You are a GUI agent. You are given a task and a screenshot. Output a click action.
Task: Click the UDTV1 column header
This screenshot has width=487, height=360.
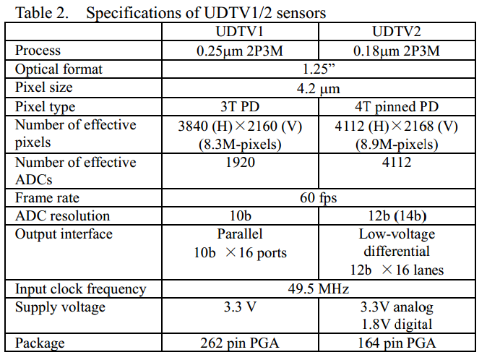[239, 33]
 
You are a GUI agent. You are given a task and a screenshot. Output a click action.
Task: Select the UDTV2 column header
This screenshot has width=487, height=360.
[396, 33]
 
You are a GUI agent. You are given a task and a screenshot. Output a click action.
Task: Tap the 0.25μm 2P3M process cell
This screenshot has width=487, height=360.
[239, 51]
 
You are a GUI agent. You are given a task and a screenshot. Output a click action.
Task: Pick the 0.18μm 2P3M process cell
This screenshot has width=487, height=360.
[396, 51]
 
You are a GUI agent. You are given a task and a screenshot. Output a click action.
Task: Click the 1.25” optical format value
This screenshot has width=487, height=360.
[317, 69]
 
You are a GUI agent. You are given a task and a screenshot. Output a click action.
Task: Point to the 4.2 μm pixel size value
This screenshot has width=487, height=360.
[317, 88]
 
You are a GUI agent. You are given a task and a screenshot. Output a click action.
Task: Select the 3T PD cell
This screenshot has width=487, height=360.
[239, 106]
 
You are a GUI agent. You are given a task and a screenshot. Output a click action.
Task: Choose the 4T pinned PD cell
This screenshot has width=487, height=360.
[396, 106]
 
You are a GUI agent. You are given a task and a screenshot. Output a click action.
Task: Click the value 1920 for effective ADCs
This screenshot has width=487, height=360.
[239, 162]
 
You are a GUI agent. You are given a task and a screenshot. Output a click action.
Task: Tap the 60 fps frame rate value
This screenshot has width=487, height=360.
[317, 197]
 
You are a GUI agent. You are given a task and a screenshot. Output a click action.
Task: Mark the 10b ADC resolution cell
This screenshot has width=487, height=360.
[239, 215]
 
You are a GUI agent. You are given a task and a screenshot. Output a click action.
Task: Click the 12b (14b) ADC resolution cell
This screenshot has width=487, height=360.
[396, 215]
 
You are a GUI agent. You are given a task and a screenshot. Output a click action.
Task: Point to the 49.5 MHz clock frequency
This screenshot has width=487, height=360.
[317, 289]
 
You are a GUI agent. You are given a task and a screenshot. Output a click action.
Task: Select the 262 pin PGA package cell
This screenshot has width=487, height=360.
[239, 343]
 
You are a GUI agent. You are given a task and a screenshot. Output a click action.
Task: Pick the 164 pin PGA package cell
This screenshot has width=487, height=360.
[396, 343]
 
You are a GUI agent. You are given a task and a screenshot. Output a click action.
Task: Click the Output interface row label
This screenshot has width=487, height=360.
[64, 234]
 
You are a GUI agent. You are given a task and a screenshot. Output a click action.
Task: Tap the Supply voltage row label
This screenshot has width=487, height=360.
[60, 307]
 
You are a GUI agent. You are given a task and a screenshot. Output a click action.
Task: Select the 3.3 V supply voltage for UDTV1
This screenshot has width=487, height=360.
[239, 307]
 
